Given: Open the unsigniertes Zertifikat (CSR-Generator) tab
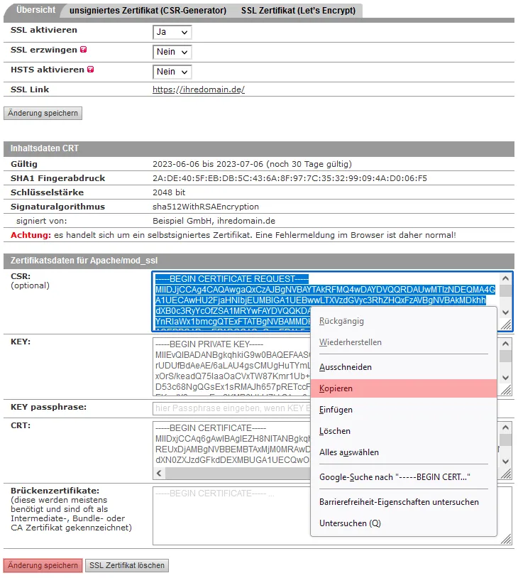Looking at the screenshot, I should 147,11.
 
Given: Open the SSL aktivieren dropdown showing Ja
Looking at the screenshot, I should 172,32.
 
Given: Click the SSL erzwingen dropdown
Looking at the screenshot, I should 172,52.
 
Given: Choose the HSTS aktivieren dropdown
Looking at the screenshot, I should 172,72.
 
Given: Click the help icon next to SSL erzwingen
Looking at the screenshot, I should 84,50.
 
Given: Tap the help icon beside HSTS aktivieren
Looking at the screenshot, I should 90,70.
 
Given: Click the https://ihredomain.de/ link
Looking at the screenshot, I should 199,90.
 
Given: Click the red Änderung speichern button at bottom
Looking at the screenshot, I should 43,565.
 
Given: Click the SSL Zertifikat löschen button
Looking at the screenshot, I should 127,565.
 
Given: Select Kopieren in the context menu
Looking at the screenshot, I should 336,388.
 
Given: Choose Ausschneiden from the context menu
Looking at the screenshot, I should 346,367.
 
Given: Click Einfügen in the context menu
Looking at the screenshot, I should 336,410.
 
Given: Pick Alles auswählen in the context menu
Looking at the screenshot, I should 349,452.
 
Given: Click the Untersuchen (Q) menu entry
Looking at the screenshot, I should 350,523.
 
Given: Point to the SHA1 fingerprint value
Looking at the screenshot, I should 290,178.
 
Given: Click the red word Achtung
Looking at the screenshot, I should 31,234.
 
